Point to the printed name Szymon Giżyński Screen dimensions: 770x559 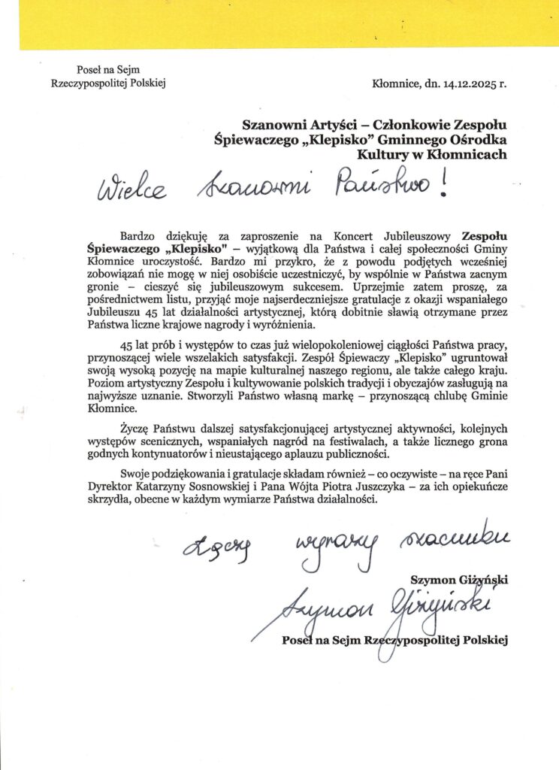pyautogui.click(x=460, y=579)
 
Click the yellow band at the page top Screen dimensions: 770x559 pyautogui.click(x=279, y=23)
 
